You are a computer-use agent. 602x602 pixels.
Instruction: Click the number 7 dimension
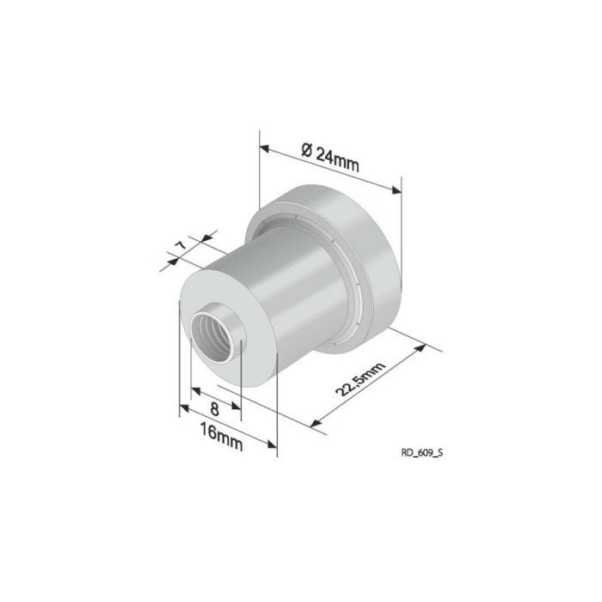click(x=180, y=247)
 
